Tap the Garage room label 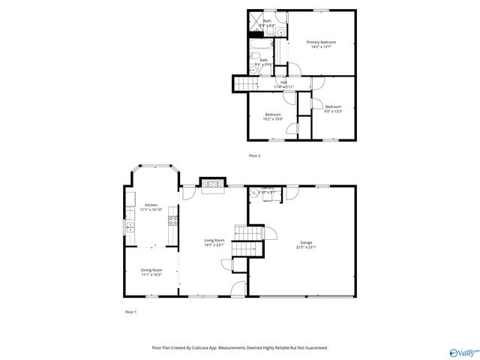(306, 242)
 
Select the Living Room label (214, 240)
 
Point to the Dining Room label (151, 270)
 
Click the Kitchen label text (151, 205)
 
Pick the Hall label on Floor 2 (283, 82)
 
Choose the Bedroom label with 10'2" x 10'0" (272, 114)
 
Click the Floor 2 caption (255, 155)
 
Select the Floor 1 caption (130, 311)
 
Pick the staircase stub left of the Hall (241, 83)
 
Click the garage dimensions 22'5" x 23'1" (306, 247)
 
